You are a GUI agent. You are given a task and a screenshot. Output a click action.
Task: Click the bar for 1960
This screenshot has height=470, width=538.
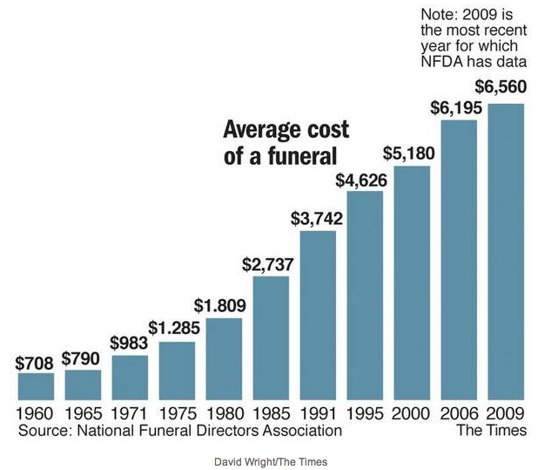pyautogui.click(x=36, y=385)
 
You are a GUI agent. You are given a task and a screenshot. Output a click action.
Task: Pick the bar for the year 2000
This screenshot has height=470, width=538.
pyautogui.click(x=412, y=281)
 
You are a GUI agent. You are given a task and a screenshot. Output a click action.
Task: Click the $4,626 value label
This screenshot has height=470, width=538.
pyautogui.click(x=363, y=180)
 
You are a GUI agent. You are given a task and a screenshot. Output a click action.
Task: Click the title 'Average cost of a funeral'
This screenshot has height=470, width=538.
pyautogui.click(x=286, y=143)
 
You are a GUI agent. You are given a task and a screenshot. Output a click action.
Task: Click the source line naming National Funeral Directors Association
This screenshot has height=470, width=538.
pyautogui.click(x=179, y=430)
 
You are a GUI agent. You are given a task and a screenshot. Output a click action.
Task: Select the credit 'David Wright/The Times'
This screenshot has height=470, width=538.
pyautogui.click(x=269, y=459)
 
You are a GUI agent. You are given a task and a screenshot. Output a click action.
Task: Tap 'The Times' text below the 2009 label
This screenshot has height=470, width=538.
pyautogui.click(x=492, y=430)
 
